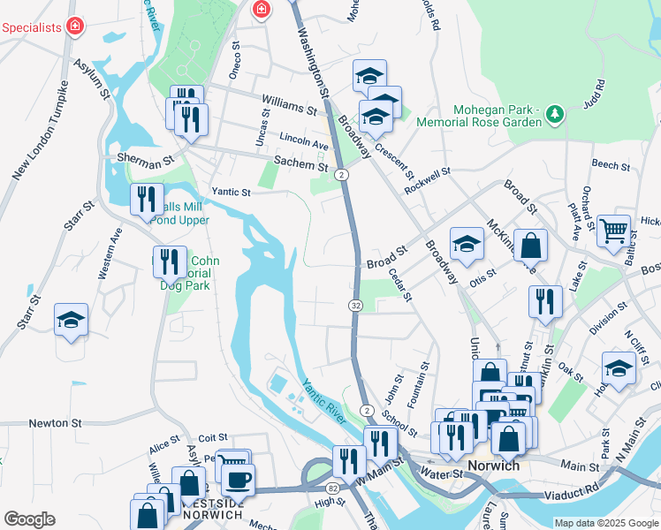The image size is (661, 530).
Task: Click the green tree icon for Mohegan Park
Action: tap(554, 113)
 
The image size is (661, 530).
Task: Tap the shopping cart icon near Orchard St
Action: tap(613, 231)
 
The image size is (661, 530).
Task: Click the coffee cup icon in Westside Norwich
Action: tap(237, 480)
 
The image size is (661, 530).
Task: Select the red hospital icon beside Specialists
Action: tap(75, 26)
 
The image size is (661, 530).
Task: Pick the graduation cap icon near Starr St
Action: tap(72, 320)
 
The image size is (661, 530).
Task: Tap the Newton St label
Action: tap(55, 423)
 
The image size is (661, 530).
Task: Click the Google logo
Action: tap(30, 519)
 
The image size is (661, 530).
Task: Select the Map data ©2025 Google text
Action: tap(604, 523)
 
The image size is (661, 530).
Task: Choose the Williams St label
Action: tap(287, 106)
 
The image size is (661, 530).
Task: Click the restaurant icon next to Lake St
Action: tap(545, 302)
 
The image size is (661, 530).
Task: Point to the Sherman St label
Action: tap(145, 163)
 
